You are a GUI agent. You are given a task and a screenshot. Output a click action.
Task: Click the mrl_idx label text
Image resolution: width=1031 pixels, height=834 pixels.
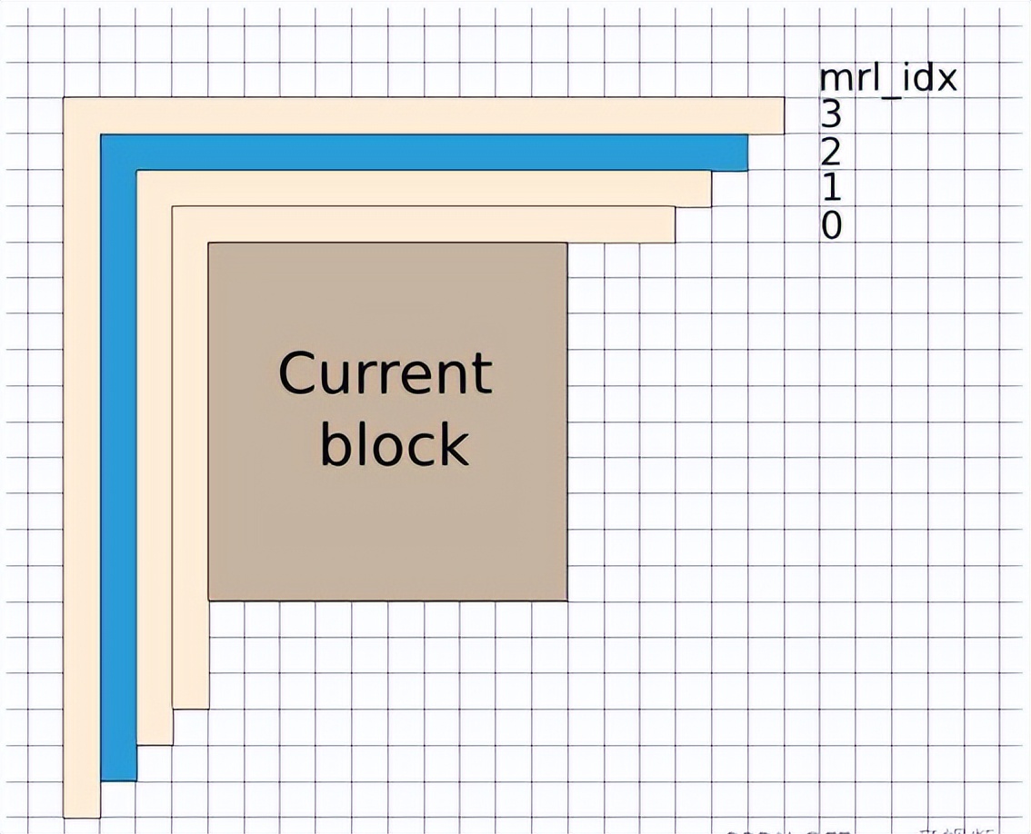(x=888, y=79)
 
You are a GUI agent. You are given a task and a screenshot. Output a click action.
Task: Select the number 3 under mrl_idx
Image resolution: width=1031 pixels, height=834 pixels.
(x=831, y=114)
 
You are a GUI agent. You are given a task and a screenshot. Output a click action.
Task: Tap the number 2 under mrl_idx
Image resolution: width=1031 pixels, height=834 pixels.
(x=831, y=152)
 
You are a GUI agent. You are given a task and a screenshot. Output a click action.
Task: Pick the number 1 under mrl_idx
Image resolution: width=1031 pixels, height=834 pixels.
(x=831, y=188)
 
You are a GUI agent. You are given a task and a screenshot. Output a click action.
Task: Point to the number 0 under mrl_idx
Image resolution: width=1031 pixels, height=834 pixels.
(x=831, y=224)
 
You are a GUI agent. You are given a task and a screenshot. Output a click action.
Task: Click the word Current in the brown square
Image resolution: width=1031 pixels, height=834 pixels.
(x=385, y=372)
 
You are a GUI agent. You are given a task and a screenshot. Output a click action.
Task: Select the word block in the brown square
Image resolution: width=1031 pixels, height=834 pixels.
(x=394, y=445)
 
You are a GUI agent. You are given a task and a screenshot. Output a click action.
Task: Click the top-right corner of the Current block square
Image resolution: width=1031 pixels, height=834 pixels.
(x=566, y=244)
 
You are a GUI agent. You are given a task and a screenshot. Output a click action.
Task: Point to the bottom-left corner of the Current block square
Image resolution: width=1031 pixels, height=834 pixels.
(x=210, y=599)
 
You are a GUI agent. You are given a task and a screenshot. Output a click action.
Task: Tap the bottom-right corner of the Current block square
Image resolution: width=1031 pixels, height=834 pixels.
(x=566, y=599)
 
